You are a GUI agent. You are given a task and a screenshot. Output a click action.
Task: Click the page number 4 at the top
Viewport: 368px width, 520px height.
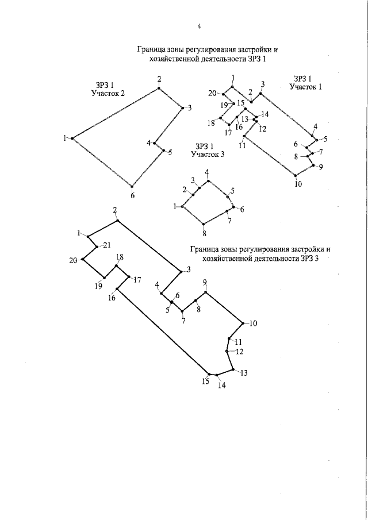[198, 26]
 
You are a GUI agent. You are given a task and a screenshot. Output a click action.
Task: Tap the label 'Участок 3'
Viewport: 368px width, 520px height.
[208, 154]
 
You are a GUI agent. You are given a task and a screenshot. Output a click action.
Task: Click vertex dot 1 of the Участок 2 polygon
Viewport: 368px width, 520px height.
[72, 138]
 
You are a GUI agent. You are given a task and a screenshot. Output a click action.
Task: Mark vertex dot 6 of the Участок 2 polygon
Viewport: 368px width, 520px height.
[132, 186]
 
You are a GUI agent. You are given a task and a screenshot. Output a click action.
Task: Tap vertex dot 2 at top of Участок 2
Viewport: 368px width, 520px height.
[159, 88]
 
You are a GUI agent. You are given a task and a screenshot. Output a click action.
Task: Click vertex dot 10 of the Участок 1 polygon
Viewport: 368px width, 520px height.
[296, 175]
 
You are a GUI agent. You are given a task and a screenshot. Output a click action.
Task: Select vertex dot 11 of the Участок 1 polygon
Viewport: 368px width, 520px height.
[244, 137]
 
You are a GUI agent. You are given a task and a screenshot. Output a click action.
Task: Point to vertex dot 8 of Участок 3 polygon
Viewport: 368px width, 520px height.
[203, 224]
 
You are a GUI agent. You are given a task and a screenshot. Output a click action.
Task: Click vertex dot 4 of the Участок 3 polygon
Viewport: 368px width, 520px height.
[208, 181]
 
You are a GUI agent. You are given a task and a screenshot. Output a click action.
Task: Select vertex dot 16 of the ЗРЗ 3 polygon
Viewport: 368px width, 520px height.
[117, 288]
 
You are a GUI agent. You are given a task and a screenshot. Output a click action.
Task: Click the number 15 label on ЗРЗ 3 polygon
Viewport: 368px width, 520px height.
[206, 380]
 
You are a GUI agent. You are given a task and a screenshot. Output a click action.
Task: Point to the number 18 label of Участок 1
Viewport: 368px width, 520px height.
[210, 122]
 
